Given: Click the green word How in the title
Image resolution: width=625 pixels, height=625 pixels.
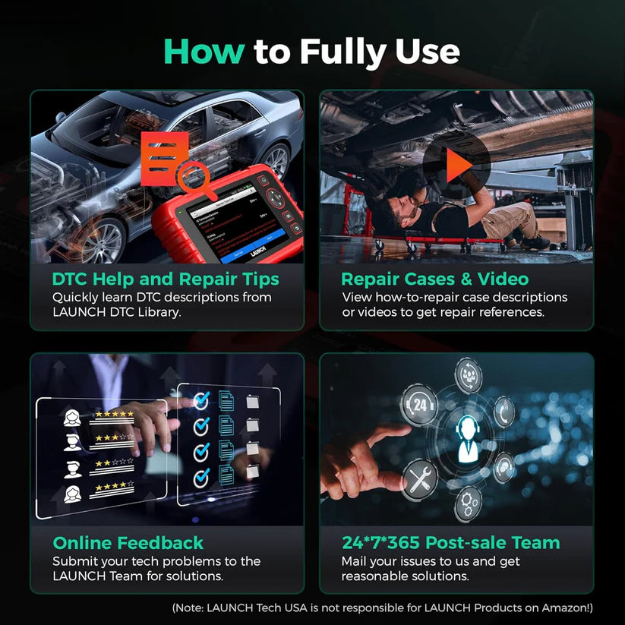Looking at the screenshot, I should [204, 52].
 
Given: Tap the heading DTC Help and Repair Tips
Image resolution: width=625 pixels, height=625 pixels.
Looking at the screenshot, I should [166, 279].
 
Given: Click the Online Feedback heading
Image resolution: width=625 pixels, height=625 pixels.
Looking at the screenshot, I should [128, 542].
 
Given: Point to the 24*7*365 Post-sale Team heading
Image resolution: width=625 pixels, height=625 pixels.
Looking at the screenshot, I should [450, 542].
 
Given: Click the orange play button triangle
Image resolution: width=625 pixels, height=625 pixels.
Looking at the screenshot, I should [457, 165].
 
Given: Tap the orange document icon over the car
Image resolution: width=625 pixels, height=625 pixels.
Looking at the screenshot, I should [165, 153].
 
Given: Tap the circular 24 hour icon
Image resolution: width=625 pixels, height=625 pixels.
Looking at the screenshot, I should [420, 405].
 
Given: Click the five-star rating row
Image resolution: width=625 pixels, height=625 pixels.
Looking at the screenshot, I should [112, 415].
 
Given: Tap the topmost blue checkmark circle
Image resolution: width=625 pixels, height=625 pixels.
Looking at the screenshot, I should [201, 398].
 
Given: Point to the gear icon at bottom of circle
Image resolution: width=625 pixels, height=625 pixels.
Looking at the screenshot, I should [468, 503].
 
